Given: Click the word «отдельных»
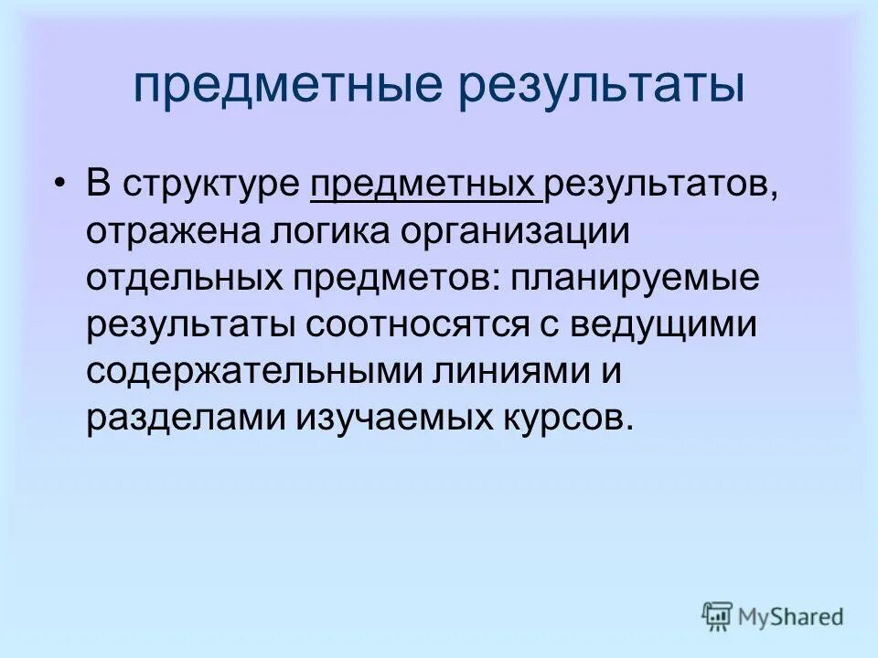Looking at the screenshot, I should pyautogui.click(x=183, y=276).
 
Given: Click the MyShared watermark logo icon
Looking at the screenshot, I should pyautogui.click(x=717, y=616).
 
